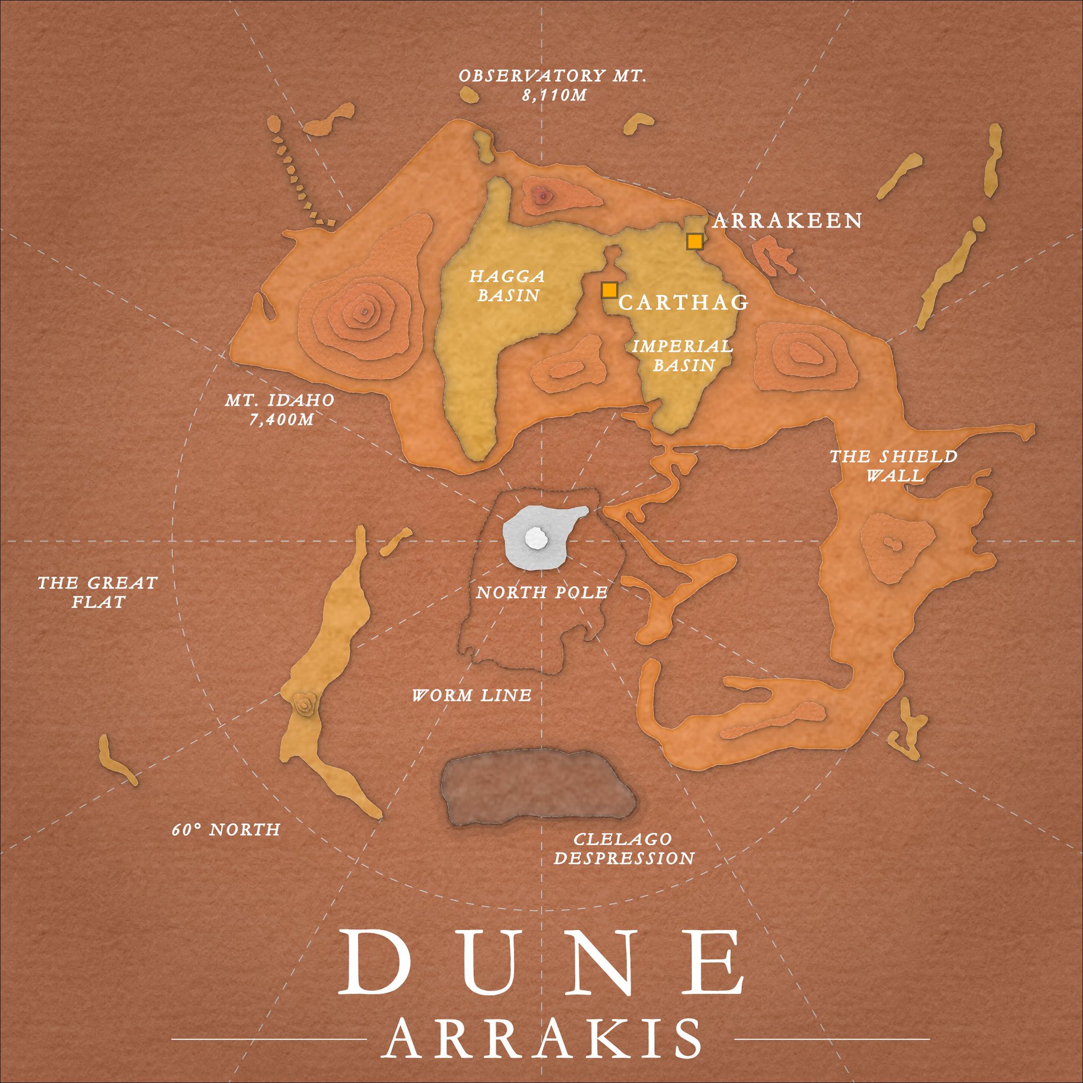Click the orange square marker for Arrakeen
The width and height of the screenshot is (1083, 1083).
694,241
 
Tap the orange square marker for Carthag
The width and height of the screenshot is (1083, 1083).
609,290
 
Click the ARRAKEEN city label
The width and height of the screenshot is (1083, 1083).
787,221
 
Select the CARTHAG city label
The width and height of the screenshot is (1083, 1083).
684,302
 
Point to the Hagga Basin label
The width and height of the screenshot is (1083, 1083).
508,286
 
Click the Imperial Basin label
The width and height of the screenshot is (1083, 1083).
683,355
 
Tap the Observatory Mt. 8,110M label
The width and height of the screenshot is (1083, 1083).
553,85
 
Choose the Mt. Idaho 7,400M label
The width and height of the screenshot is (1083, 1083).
280,409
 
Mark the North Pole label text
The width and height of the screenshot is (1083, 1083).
541,592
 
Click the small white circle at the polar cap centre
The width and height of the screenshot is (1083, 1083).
535,539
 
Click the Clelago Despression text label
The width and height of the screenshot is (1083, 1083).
624,849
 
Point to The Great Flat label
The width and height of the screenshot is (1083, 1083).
97,592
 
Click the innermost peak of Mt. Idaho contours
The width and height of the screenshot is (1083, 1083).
364,311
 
